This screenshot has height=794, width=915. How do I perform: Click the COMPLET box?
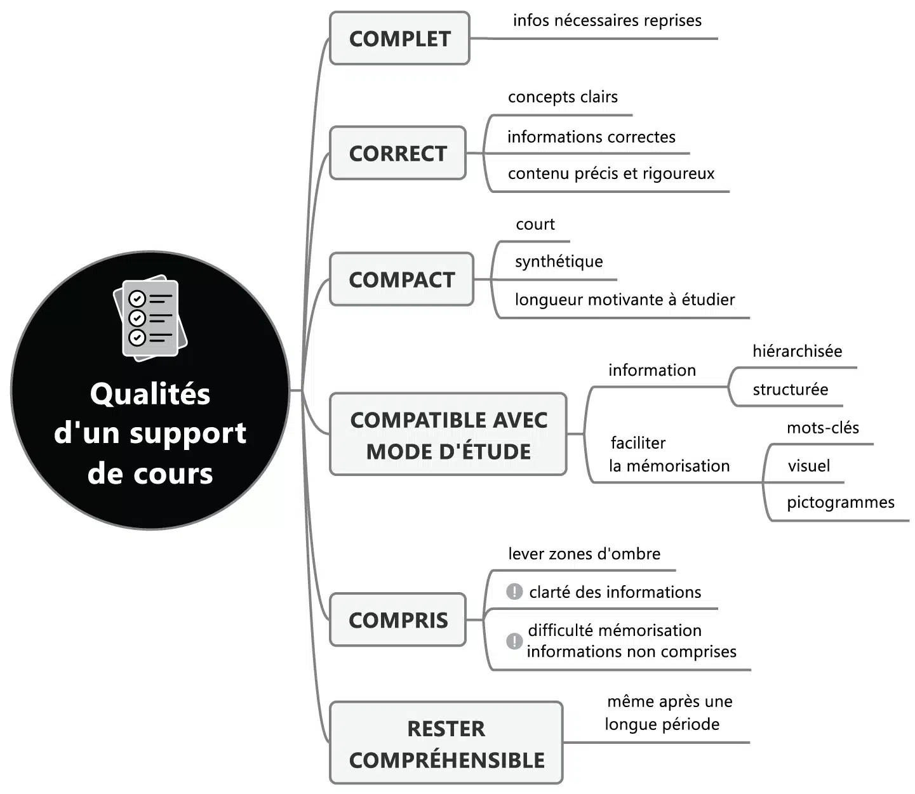[399, 38]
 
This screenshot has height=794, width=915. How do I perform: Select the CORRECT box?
[397, 153]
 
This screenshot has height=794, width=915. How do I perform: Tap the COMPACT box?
[401, 279]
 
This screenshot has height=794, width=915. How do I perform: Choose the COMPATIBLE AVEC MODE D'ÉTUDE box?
[448, 435]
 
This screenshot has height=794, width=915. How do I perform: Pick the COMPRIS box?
[397, 619]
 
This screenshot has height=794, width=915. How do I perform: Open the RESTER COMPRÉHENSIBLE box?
[446, 743]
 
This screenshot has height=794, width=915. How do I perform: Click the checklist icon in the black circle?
[150, 318]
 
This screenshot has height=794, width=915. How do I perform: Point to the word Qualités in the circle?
[150, 394]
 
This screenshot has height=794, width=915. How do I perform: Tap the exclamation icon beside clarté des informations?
[514, 592]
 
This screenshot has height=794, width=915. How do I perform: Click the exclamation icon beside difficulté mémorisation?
[514, 641]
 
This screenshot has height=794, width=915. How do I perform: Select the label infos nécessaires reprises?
[607, 20]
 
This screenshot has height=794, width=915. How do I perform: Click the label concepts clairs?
[563, 97]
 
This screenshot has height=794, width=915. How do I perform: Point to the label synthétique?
[559, 261]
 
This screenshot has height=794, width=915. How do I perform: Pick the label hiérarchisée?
[797, 351]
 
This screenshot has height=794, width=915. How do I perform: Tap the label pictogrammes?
[840, 503]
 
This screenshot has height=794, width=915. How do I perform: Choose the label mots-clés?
[822, 428]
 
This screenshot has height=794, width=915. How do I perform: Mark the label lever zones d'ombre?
[584, 554]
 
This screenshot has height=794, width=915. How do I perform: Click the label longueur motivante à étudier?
[625, 300]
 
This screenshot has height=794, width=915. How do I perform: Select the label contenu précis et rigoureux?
[611, 173]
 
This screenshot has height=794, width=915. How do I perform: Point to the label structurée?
[790, 389]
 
